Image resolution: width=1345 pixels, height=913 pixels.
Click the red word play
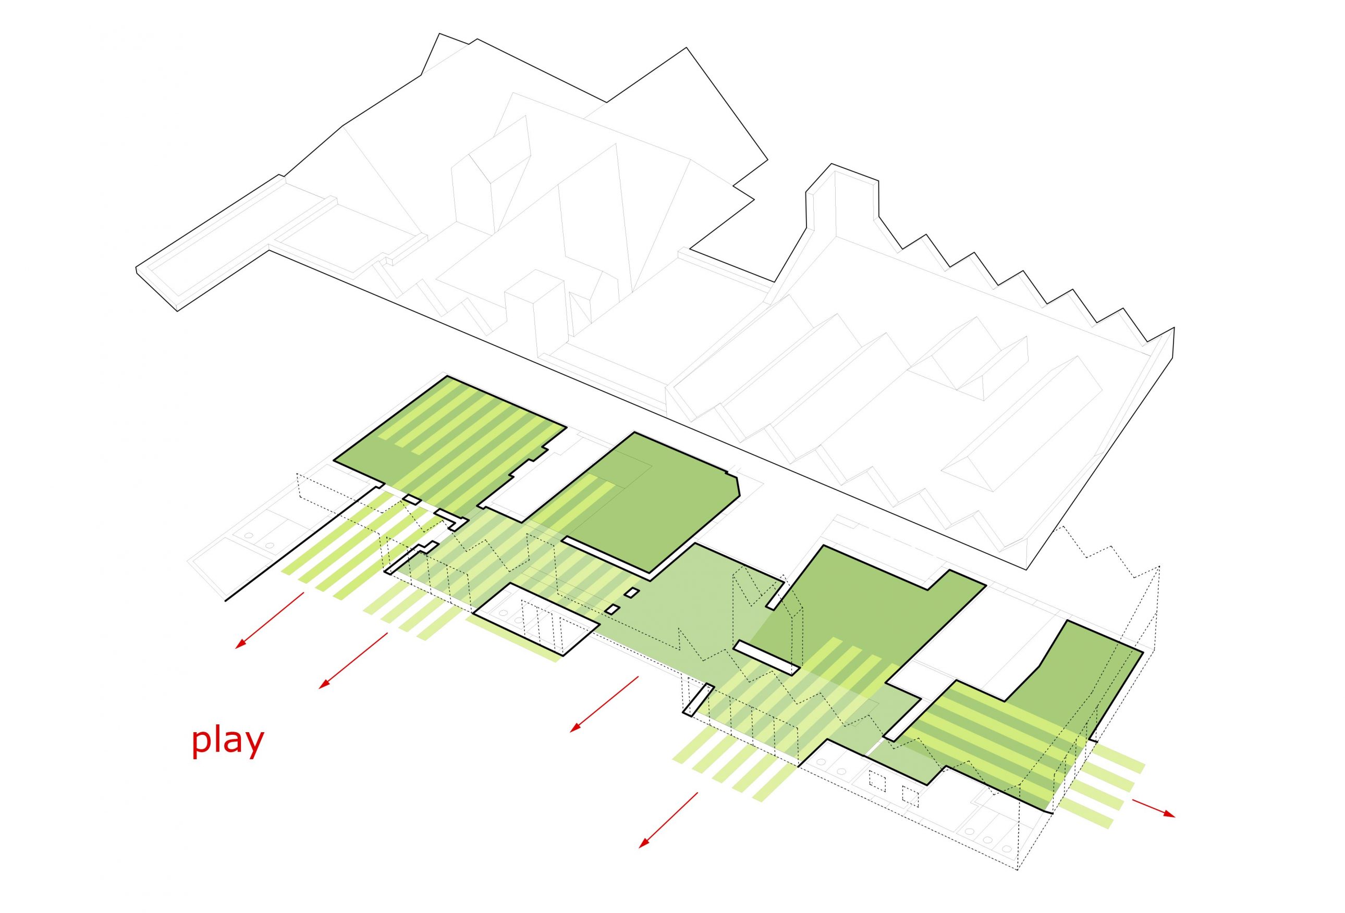point(227,742)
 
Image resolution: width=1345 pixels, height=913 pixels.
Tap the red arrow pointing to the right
point(1153,808)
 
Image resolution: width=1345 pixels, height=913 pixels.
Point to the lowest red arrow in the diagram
point(668,820)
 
